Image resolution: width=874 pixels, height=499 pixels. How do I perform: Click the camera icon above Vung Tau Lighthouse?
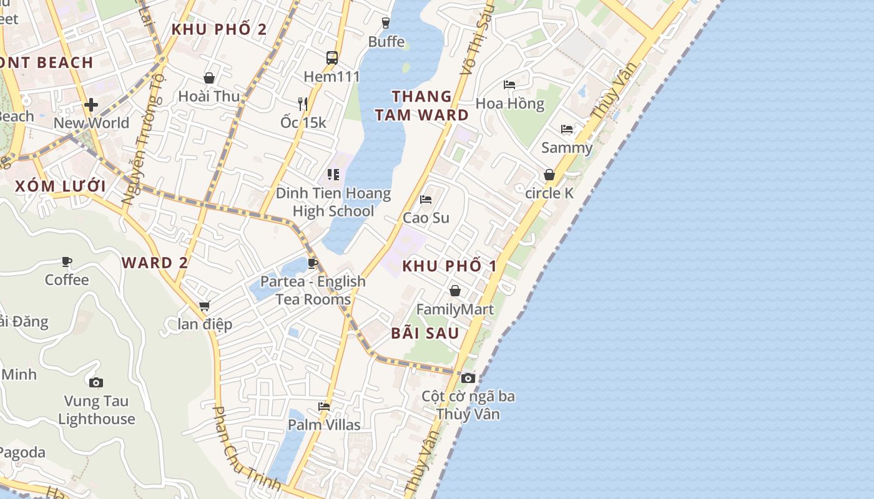pos(96,382)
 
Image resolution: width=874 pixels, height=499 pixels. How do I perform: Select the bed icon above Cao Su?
pos(426,200)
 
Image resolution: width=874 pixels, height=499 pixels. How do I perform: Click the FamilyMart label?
pos(455,309)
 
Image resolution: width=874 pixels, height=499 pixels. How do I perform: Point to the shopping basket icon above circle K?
pos(549,175)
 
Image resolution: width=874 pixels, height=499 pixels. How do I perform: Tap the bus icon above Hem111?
pos(332,58)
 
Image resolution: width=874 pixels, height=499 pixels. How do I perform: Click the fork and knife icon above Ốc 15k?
pos(303,104)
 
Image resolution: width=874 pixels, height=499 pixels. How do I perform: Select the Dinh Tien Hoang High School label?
pos(333,202)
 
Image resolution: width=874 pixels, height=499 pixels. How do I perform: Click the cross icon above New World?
pos(91,105)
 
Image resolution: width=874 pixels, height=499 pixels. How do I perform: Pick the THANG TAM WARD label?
pos(421,105)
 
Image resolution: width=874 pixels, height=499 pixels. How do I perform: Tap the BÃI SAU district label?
pos(425,333)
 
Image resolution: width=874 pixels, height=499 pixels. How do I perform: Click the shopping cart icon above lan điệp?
pos(205,306)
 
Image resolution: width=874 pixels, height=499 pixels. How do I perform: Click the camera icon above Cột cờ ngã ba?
pos(468,378)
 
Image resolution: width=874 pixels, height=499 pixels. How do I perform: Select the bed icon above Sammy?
pos(567,129)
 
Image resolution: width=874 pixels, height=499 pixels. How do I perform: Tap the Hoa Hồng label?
pos(510,104)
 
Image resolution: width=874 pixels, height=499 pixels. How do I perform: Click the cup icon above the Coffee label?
pos(67,261)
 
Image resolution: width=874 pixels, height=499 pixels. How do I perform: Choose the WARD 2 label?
pos(155,263)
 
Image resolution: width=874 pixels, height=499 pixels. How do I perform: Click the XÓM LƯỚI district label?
pos(60,186)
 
